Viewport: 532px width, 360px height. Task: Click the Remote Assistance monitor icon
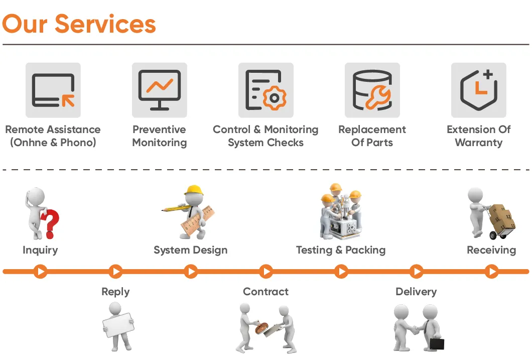[53, 90]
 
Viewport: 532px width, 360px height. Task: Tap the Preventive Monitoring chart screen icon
[160, 90]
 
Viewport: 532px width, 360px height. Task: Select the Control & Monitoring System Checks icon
[266, 90]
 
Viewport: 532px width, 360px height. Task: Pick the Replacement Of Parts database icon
[372, 90]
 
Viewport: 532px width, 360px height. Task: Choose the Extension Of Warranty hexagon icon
[478, 90]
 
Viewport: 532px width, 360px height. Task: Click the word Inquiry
[40, 250]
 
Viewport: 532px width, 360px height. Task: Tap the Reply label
[115, 292]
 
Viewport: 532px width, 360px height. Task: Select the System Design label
[190, 250]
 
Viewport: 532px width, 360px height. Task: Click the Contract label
[265, 292]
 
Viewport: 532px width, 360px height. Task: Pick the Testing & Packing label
[341, 250]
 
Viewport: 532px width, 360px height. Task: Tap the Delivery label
[416, 292]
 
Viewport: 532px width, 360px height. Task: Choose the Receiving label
[491, 250]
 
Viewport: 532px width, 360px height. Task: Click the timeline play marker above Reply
[115, 272]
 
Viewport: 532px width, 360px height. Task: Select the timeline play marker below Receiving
[491, 272]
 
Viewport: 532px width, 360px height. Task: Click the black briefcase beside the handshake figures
[437, 344]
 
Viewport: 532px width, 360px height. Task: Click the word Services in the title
[105, 24]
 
